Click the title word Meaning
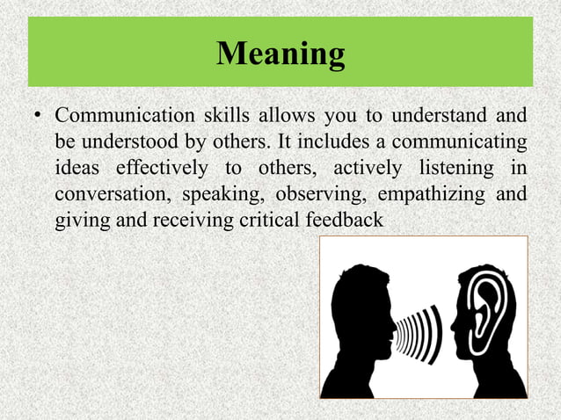[x=280, y=54]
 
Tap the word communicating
[x=461, y=141]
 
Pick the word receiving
[x=194, y=219]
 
